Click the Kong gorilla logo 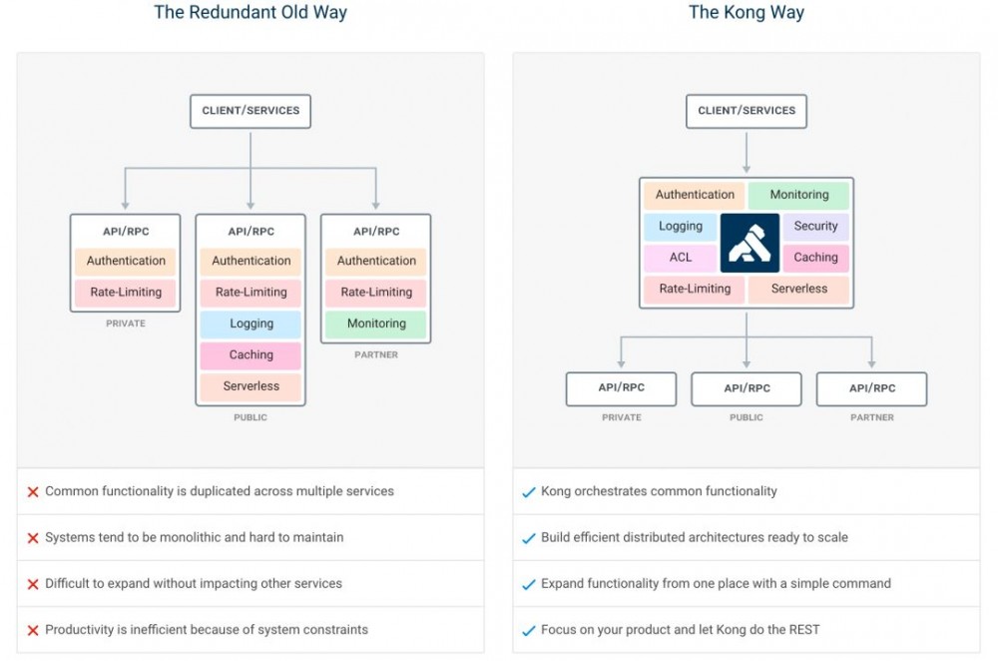click(x=749, y=243)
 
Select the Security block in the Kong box click(x=815, y=226)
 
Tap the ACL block click(x=681, y=258)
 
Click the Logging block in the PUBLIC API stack click(x=250, y=324)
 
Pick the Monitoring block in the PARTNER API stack click(x=376, y=324)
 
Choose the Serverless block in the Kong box click(x=798, y=289)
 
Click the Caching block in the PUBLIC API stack click(x=250, y=354)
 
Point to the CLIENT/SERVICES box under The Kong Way click(x=747, y=111)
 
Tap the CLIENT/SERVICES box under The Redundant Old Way click(x=250, y=111)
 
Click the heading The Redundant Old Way click(x=250, y=12)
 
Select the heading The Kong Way click(x=747, y=12)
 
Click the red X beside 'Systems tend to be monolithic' click(x=33, y=538)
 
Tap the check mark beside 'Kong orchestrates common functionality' click(x=529, y=491)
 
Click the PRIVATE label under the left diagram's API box click(x=126, y=324)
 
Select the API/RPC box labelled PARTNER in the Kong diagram click(x=872, y=388)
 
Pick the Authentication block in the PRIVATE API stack click(x=126, y=261)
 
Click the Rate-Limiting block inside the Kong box click(x=695, y=289)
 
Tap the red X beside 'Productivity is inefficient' click(x=33, y=630)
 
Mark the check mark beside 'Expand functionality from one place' click(x=529, y=584)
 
